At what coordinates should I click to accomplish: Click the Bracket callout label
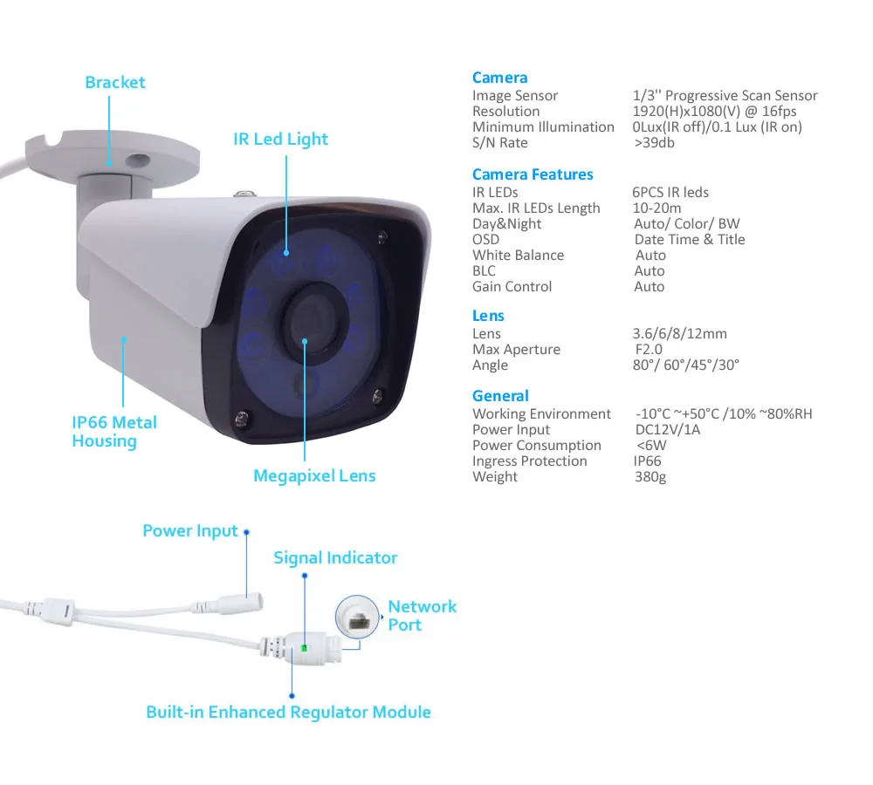(114, 83)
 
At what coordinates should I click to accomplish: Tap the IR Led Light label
(280, 139)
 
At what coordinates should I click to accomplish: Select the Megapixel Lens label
(314, 475)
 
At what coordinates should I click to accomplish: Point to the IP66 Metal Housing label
(114, 432)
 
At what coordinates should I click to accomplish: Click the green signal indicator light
(303, 648)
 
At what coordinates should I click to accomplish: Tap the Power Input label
(190, 530)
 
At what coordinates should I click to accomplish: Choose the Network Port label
(423, 616)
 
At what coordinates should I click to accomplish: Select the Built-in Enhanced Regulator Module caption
(288, 712)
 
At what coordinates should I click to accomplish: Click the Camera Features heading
(533, 174)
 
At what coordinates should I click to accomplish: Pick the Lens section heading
(488, 316)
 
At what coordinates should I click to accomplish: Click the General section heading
(500, 396)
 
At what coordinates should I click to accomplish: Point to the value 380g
(650, 477)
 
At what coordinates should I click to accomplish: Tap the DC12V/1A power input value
(668, 429)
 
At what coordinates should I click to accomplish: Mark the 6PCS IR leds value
(670, 192)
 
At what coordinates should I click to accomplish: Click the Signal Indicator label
(335, 557)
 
